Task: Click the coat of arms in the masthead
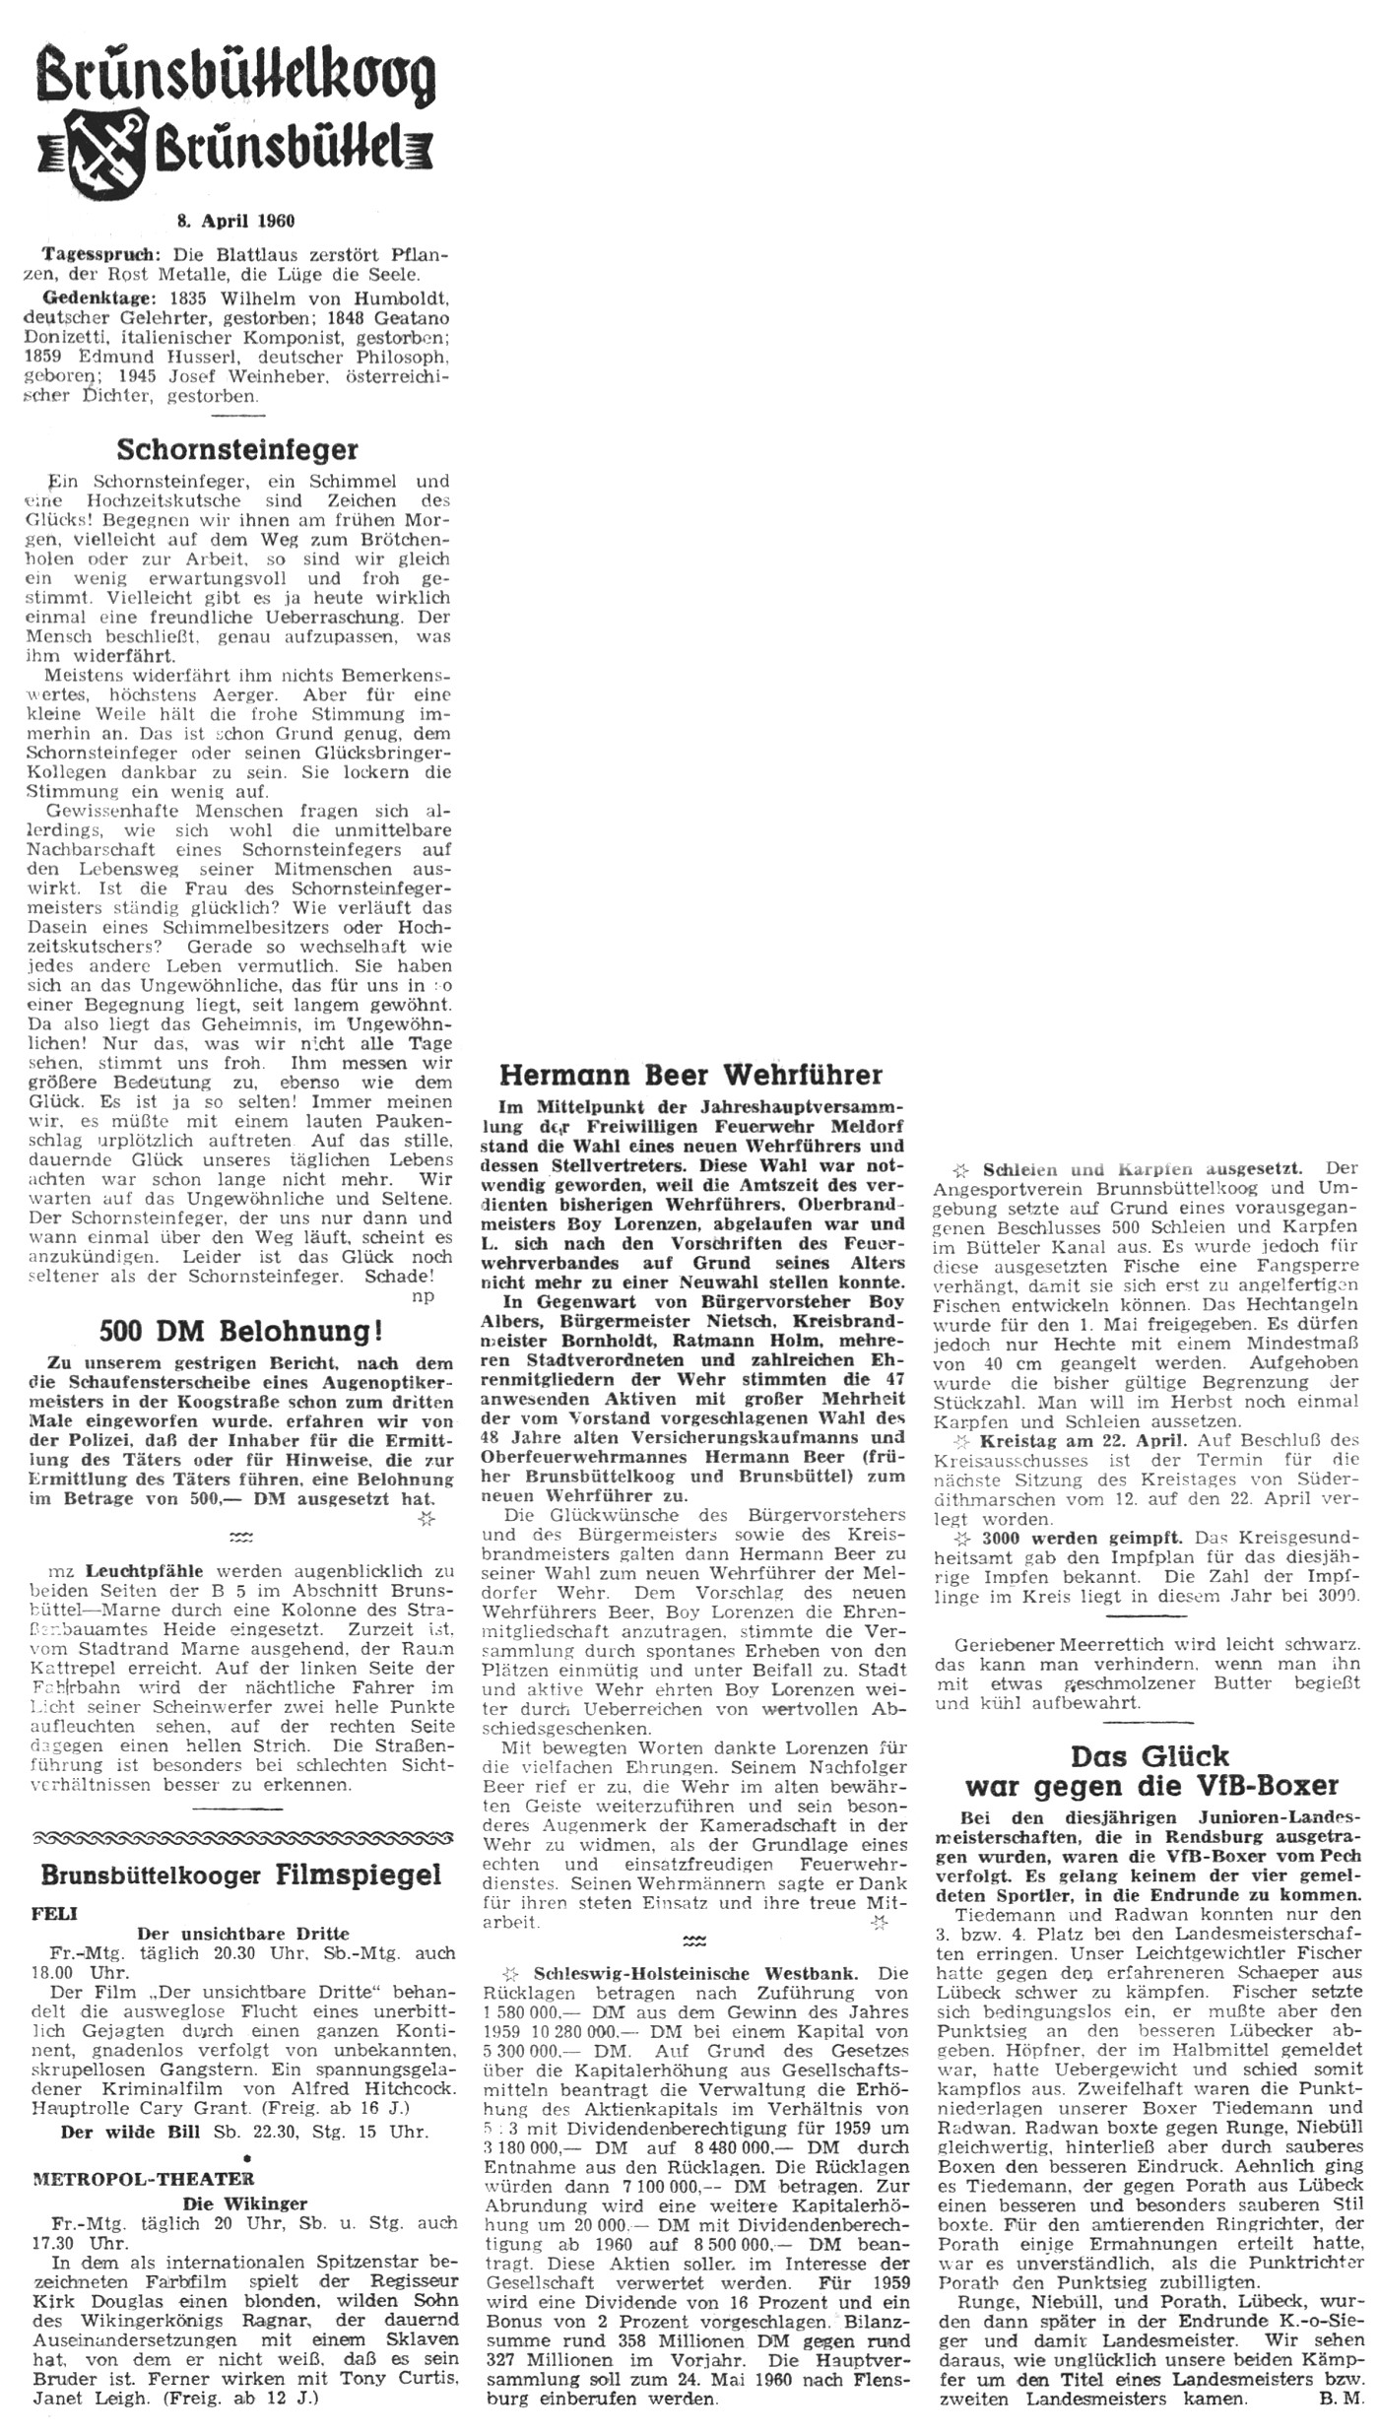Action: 109,146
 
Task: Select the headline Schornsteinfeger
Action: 236,450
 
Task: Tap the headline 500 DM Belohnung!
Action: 242,1332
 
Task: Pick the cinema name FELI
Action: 56,1913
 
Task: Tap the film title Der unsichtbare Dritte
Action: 243,1934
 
